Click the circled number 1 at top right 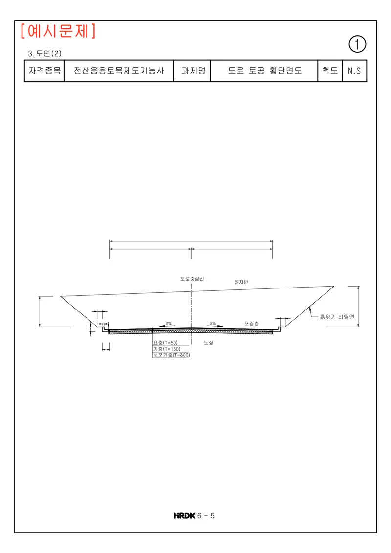pos(357,44)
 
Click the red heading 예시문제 pos(58,31)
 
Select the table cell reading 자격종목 pos(44,71)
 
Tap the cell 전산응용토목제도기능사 pos(119,71)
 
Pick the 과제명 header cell pos(192,71)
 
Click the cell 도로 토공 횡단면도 pos(264,71)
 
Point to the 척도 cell pos(330,71)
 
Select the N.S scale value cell pos(354,71)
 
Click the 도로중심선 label pos(192,279)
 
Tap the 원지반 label pos(241,282)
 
